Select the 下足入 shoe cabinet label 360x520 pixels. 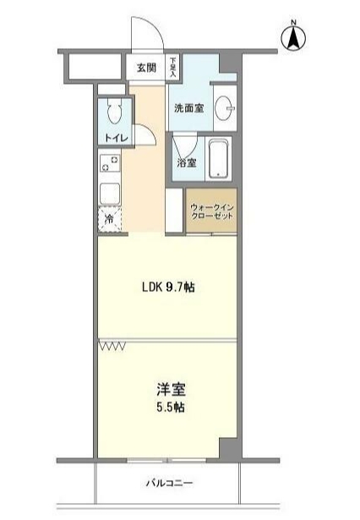[x=172, y=67]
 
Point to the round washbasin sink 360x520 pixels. [x=225, y=108]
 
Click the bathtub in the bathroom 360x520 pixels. [x=219, y=158]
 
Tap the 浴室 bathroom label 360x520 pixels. [x=186, y=163]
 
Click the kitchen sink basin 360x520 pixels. [x=110, y=194]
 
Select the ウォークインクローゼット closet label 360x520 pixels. [x=211, y=210]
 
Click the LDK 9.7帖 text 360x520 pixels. [x=167, y=287]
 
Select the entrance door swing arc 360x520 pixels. [x=149, y=34]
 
